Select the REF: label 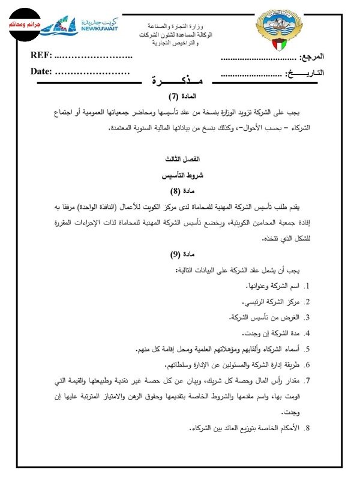point(41,56)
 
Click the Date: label point(42,72)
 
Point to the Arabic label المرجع point(311,57)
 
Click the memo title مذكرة point(179,81)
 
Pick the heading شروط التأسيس point(181,178)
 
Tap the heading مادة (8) point(181,193)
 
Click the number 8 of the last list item point(307,428)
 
